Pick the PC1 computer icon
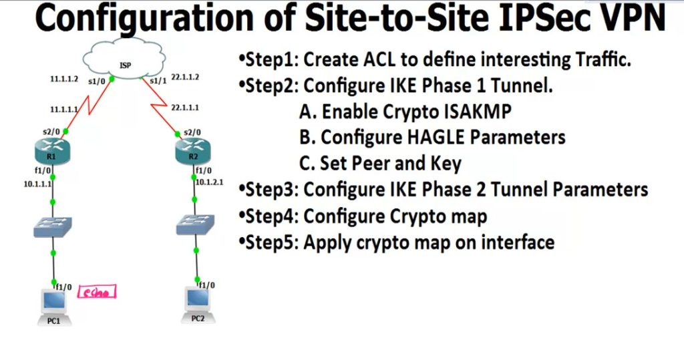pyautogui.click(x=53, y=302)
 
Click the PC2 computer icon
pyautogui.click(x=197, y=300)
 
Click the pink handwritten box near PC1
pyautogui.click(x=98, y=292)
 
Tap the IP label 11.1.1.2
pyautogui.click(x=65, y=78)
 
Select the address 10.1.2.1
pyautogui.click(x=210, y=182)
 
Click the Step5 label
pyautogui.click(x=269, y=242)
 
